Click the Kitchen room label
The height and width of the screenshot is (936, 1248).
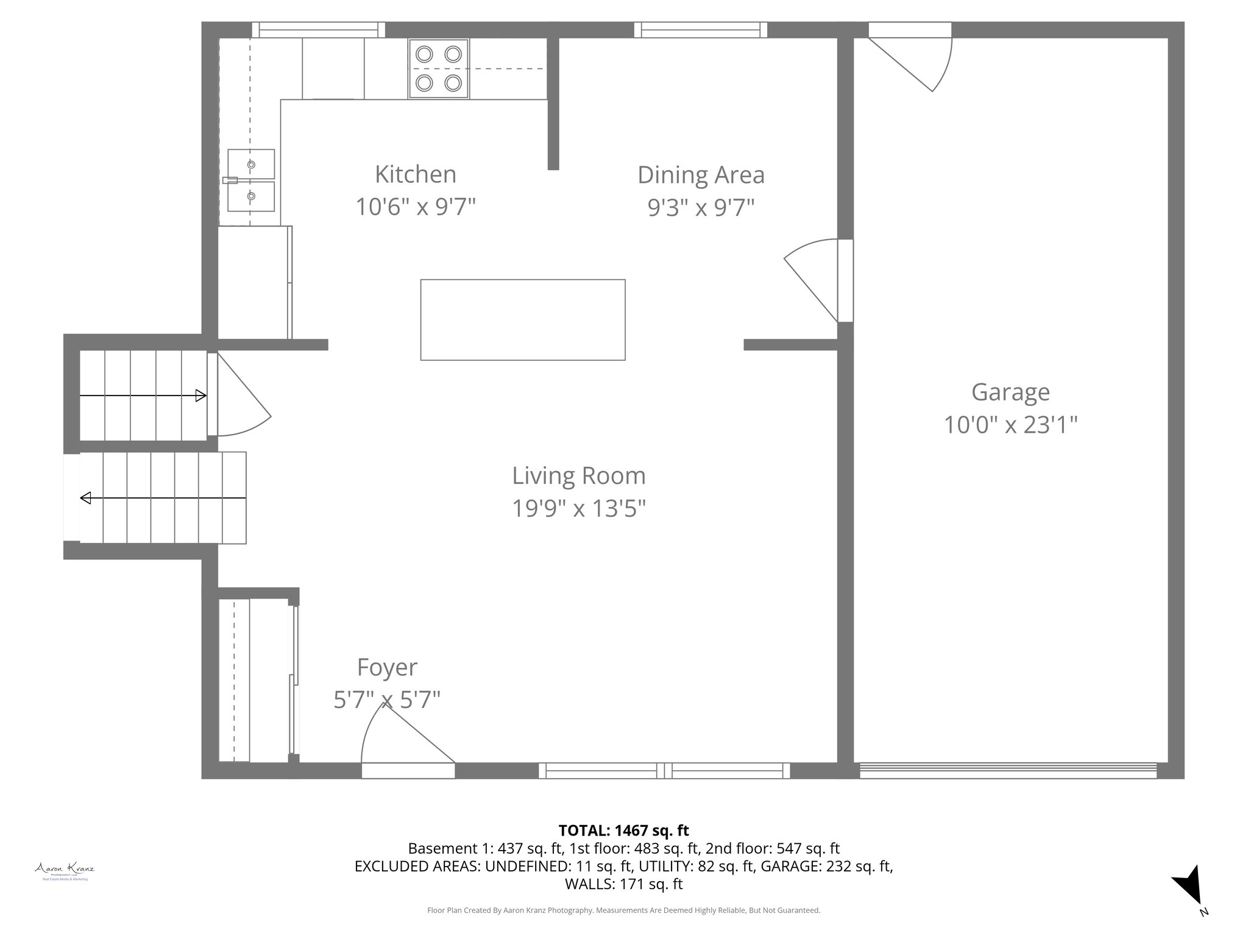(415, 174)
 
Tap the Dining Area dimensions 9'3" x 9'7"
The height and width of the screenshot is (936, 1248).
(701, 208)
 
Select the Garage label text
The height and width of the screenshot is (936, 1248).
(1010, 392)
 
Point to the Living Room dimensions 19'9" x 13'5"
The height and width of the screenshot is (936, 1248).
(578, 508)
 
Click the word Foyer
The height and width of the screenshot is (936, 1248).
(387, 667)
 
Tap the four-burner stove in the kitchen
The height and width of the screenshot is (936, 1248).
(439, 68)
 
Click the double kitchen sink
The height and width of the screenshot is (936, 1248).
(251, 180)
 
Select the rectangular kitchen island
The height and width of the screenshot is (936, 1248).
(523, 319)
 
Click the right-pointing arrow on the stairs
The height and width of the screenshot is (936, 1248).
(200, 396)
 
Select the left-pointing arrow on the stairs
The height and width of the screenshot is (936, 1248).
(86, 498)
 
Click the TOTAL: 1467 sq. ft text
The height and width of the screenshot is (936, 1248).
(623, 830)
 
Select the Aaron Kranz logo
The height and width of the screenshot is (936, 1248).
(64, 870)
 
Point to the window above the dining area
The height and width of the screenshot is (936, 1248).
(700, 29)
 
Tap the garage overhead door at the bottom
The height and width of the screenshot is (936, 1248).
(1008, 770)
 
